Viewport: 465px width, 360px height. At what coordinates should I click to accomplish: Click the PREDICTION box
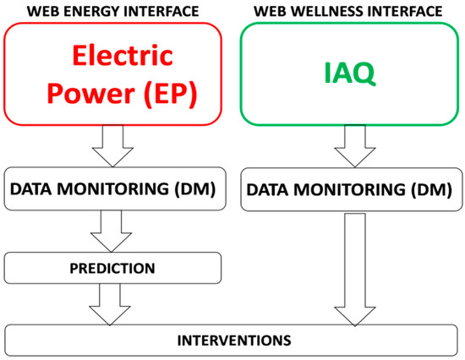tap(113, 269)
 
